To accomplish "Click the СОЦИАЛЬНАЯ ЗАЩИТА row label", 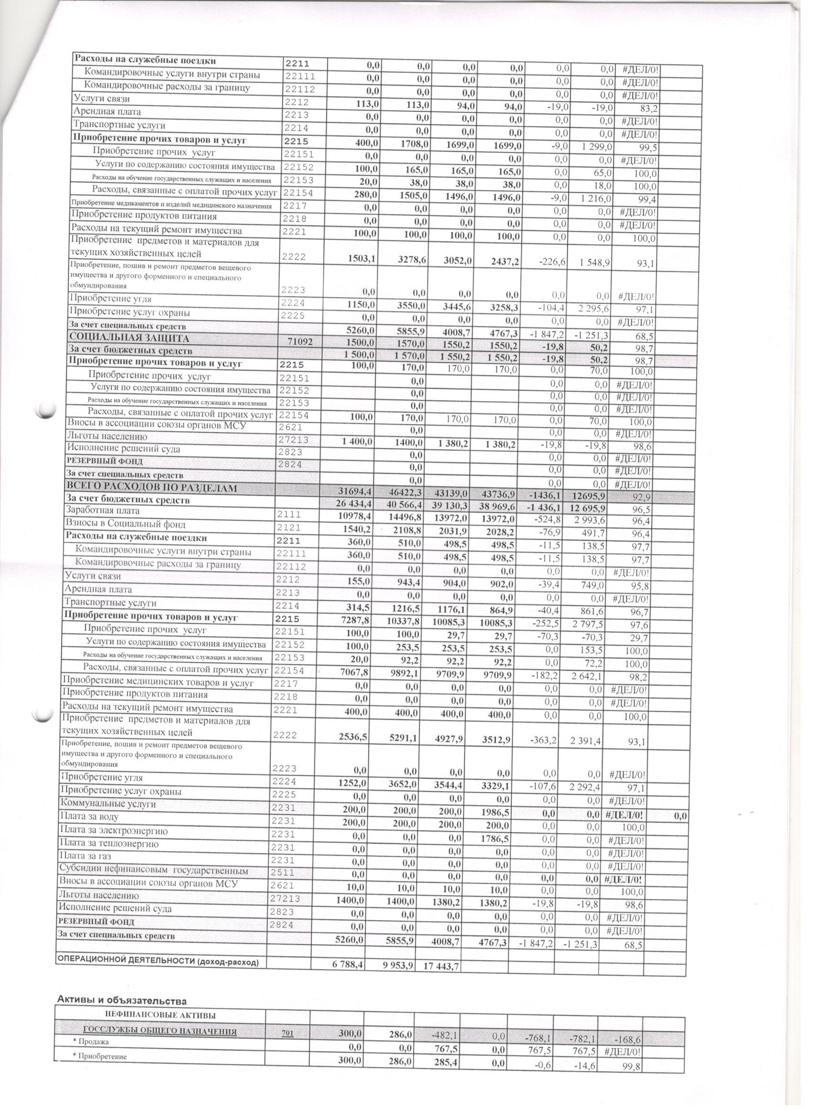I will pos(129,338).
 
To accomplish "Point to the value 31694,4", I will pos(352,491).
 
